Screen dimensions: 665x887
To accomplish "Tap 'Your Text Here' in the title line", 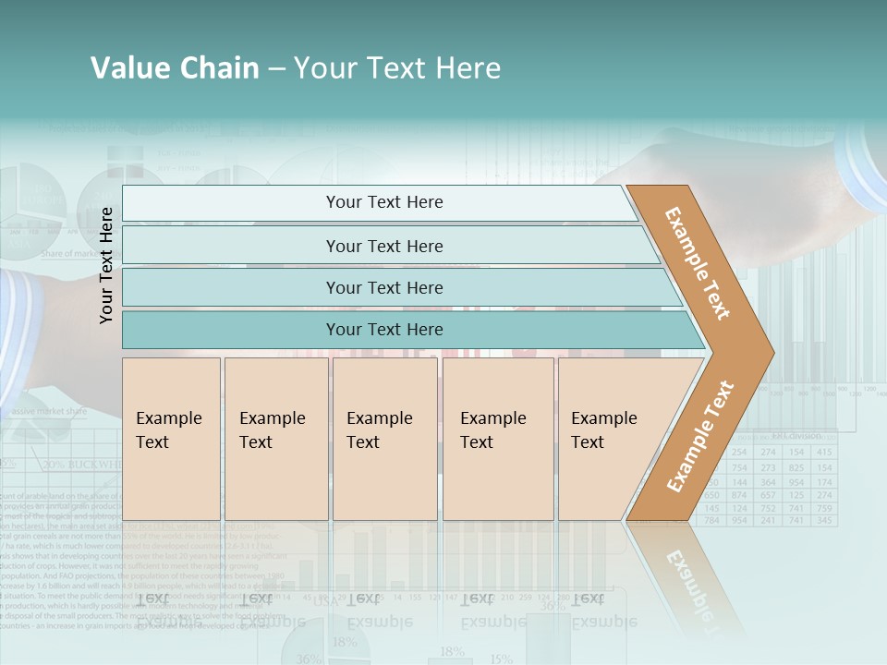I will tap(397, 68).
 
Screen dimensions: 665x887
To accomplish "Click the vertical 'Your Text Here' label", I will tap(107, 265).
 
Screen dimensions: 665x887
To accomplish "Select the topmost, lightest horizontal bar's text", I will tap(384, 202).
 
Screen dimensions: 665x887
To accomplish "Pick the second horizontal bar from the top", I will tap(384, 246).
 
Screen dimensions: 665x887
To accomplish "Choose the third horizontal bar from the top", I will tap(384, 287).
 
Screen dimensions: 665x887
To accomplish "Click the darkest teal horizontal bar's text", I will tap(384, 330).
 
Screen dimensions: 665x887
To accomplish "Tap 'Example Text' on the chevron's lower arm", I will tap(699, 436).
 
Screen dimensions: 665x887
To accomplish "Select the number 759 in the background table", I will tap(824, 508).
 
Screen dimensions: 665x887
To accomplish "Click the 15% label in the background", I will tap(501, 659).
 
